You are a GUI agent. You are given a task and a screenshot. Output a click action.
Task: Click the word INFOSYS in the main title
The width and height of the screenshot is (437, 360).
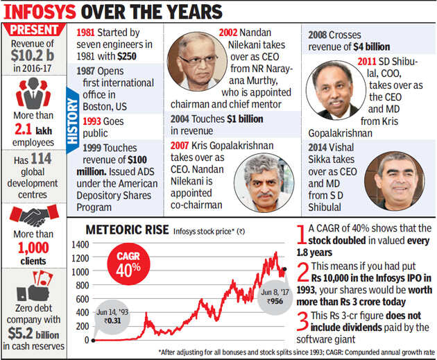tap(48, 11)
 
